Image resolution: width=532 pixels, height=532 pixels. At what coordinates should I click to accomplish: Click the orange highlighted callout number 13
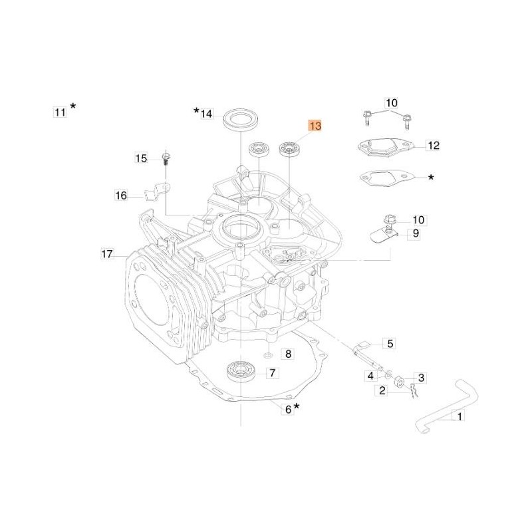tap(314, 126)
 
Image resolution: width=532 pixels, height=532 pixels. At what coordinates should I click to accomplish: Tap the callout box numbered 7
tap(272, 374)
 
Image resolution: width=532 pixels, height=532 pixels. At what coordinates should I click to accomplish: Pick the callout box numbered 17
tap(106, 253)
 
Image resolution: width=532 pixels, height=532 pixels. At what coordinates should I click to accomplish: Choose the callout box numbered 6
tap(288, 410)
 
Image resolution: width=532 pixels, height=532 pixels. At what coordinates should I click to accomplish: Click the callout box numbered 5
tap(390, 344)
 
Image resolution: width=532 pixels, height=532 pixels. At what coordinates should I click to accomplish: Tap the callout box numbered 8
tap(288, 354)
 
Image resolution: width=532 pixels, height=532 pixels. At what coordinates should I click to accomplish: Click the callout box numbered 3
tap(421, 377)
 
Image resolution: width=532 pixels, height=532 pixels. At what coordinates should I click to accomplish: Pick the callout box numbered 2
tap(382, 391)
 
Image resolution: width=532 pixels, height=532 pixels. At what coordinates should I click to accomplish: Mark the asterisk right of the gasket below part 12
tap(432, 178)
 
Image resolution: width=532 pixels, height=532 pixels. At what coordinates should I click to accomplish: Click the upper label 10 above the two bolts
tap(391, 102)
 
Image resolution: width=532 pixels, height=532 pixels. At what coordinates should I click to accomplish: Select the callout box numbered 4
tap(370, 376)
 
